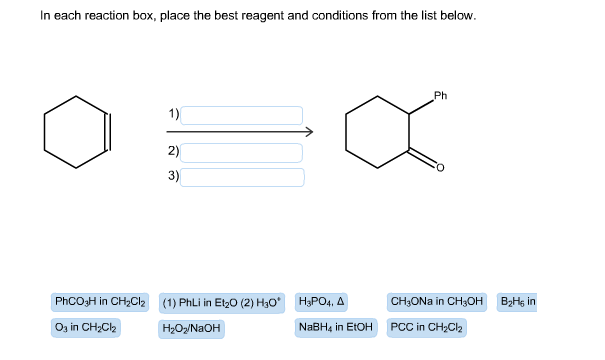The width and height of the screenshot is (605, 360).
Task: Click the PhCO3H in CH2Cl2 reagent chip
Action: click(x=99, y=301)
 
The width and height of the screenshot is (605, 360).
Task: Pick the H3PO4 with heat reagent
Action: click(x=322, y=301)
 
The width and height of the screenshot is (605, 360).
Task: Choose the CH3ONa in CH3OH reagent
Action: click(x=437, y=301)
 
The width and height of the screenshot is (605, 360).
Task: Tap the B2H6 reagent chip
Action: click(x=517, y=301)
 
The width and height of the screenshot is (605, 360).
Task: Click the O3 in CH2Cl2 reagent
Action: click(x=86, y=327)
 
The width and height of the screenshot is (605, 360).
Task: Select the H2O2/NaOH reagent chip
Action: click(x=190, y=328)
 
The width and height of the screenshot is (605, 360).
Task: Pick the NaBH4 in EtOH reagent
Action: click(x=335, y=327)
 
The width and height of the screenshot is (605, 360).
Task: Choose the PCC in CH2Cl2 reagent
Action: click(x=426, y=327)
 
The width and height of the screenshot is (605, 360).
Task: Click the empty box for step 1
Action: click(x=242, y=115)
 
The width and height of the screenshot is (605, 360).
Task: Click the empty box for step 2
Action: click(x=242, y=152)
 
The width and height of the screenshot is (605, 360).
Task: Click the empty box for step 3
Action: click(x=242, y=177)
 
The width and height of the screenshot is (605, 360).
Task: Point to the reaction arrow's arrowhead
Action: click(x=309, y=132)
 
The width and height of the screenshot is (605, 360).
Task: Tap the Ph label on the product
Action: click(x=441, y=96)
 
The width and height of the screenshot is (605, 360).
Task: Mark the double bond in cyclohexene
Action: click(x=108, y=131)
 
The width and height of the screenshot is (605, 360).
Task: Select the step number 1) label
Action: click(x=173, y=114)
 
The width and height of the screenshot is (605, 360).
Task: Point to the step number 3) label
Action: click(x=173, y=177)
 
